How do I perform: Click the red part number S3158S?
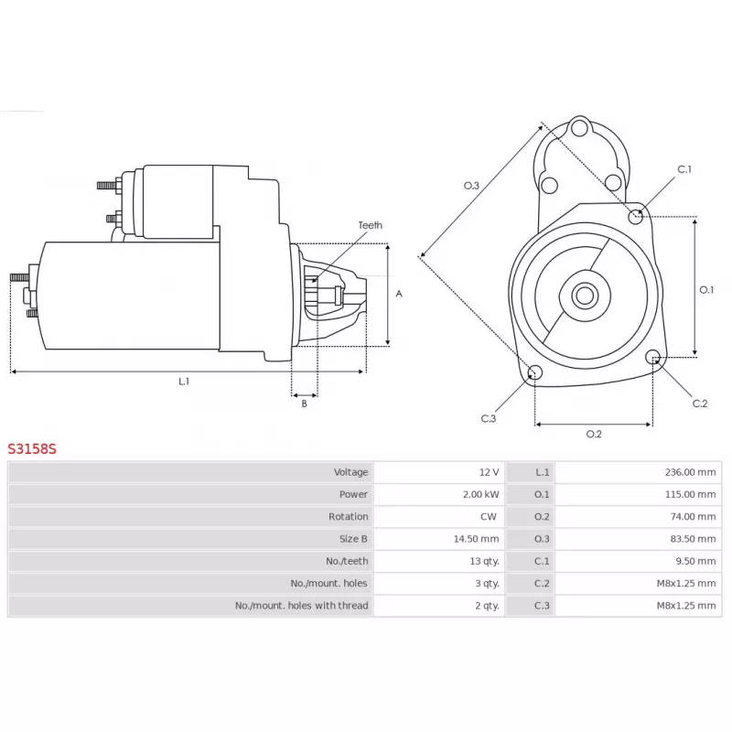32,448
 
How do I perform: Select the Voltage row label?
350,472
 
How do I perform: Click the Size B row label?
353,539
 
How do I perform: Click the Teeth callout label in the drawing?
371,225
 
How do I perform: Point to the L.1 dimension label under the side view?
184,382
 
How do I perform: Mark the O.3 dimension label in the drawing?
471,186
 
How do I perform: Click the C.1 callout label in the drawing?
684,169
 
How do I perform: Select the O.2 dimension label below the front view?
594,434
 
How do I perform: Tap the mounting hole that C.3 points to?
534,372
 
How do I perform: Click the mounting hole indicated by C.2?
653,357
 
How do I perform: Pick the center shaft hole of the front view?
585,296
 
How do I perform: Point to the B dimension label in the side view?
305,404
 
